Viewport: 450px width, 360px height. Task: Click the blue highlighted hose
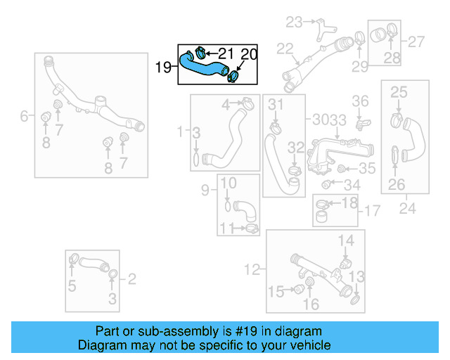coord(200,65)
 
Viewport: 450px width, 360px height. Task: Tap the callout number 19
coord(163,67)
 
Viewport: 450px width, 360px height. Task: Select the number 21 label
coord(226,53)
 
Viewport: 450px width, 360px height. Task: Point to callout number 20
coord(249,53)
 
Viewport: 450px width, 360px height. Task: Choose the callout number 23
coord(293,22)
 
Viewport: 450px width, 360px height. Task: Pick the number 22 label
coord(284,49)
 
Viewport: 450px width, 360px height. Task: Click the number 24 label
coord(408,208)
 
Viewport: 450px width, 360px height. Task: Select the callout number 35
coord(368,169)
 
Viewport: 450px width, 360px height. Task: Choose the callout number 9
coord(205,190)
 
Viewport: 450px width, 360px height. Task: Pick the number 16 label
coord(310,304)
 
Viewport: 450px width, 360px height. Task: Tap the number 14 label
coord(346,241)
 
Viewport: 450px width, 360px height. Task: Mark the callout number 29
coord(360,66)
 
